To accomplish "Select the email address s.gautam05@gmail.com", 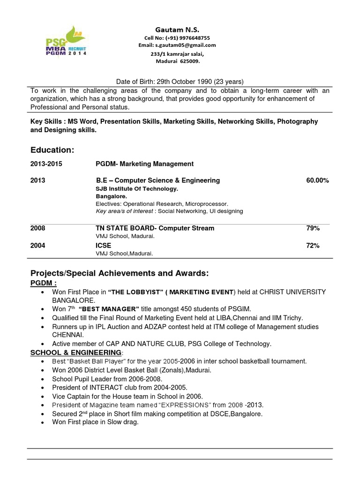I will [x=190, y=45].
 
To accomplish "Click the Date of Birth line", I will [x=180, y=81].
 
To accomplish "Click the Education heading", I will [x=52, y=150].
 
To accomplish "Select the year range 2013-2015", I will [x=46, y=164].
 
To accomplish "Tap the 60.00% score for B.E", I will [x=317, y=180].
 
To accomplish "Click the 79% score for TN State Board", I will [x=313, y=228].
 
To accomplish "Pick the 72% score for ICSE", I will [x=313, y=245].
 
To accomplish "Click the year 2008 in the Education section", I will [x=38, y=228].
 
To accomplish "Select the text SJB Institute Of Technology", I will [x=137, y=189].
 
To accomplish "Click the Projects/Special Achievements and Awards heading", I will [x=120, y=273].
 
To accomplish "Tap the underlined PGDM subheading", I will [x=44, y=283].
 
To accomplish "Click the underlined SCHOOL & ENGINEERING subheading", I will [x=76, y=352].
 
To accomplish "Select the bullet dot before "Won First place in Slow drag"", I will [x=43, y=423].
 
